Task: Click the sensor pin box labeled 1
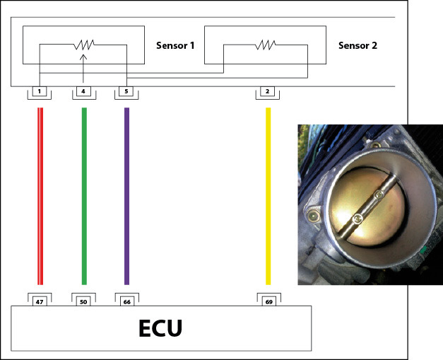[40, 91]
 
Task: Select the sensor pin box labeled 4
[83, 91]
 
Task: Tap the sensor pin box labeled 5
[126, 91]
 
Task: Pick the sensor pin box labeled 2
[268, 91]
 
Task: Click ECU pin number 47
[40, 302]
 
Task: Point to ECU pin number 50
[83, 302]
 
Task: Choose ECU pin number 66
[126, 302]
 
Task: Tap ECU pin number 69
[268, 302]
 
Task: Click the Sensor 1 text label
[175, 46]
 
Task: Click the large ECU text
[160, 329]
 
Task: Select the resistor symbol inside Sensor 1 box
[83, 45]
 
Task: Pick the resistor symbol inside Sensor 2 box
[266, 45]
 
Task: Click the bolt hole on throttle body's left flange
[311, 213]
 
